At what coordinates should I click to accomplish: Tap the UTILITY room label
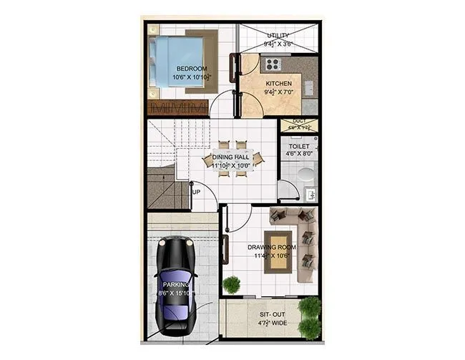(x=278, y=35)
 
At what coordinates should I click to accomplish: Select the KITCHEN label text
(x=278, y=84)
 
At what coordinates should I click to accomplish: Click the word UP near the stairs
(x=196, y=191)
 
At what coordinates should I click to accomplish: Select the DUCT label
(x=299, y=122)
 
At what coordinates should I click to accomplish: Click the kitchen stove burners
(x=271, y=64)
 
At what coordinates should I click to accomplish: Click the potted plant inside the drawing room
(x=231, y=285)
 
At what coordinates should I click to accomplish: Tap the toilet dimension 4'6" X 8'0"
(x=299, y=152)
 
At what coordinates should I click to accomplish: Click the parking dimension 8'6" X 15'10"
(x=176, y=293)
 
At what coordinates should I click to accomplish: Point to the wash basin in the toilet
(x=311, y=194)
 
